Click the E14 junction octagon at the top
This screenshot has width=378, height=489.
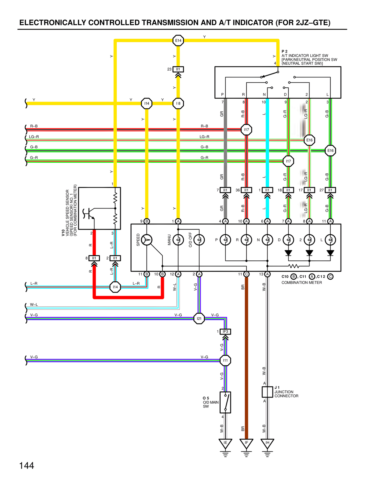(x=178, y=40)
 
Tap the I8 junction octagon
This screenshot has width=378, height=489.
(x=178, y=103)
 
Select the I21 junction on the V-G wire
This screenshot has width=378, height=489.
(x=199, y=318)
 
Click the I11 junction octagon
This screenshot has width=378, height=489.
(x=225, y=360)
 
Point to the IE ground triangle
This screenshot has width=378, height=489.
(x=225, y=443)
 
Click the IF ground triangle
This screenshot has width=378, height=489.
(x=246, y=443)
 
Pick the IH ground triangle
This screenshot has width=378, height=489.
(x=267, y=443)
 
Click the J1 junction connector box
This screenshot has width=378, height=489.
(x=267, y=392)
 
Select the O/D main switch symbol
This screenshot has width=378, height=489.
(x=225, y=402)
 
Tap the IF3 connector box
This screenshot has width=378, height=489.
(x=225, y=332)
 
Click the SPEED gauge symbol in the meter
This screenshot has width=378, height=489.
(x=147, y=240)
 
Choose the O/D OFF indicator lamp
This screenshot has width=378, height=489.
(x=199, y=240)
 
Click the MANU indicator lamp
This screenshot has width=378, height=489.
(x=178, y=240)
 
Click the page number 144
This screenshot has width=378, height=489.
(x=27, y=466)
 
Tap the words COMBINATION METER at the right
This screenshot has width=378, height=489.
(x=302, y=283)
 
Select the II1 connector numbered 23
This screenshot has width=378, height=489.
(x=178, y=69)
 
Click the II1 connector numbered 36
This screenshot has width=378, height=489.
(x=246, y=190)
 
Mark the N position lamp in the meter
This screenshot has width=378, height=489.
(x=267, y=240)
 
